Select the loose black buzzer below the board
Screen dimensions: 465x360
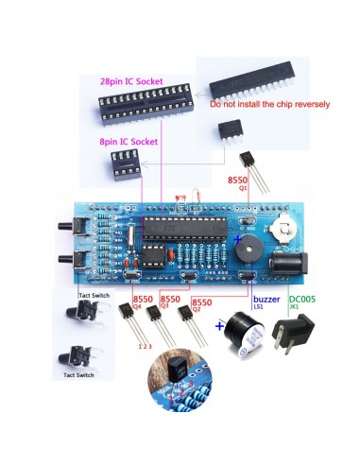click(247, 336)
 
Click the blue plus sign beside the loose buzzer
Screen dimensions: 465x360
click(221, 325)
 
